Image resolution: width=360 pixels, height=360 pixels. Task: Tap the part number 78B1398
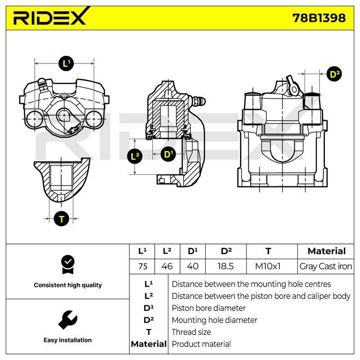[x=319, y=18]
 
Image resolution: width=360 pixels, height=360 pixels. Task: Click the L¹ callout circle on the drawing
[x=66, y=63]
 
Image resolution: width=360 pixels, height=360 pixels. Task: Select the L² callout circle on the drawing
[x=135, y=156]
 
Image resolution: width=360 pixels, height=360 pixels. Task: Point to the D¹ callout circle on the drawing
[x=168, y=154]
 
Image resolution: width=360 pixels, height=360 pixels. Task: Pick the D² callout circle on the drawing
[x=334, y=74]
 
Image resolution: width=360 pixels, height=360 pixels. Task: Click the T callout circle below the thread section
[x=62, y=219]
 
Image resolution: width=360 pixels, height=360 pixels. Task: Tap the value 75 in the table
[x=143, y=266]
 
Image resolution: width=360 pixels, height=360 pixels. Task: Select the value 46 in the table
[x=167, y=266]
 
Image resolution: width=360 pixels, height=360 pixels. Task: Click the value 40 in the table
[x=193, y=266]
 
